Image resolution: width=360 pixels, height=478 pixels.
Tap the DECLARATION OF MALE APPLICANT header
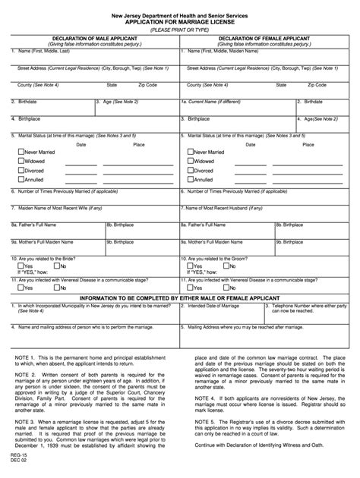(95, 36)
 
